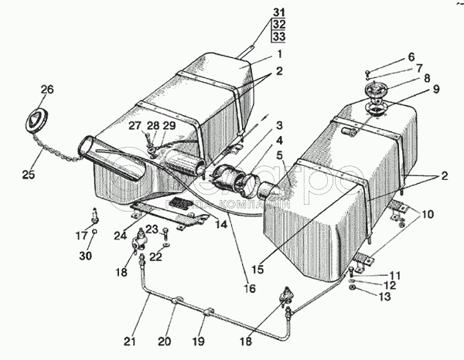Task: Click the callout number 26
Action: (x=47, y=90)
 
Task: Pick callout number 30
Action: (x=411, y=56)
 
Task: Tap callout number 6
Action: (x=411, y=56)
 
